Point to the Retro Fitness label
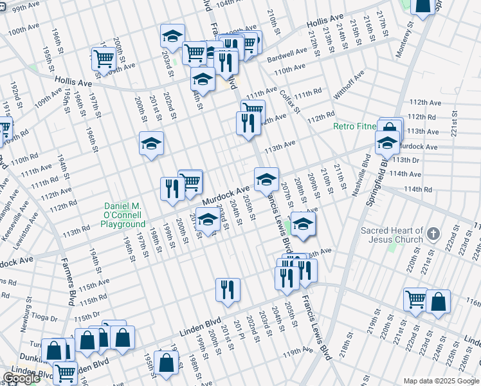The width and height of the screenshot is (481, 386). tap(354, 126)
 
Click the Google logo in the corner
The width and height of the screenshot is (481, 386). tap(21, 378)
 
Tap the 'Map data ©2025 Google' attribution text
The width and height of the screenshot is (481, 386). tap(441, 381)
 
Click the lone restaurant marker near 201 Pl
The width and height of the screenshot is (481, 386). tap(228, 289)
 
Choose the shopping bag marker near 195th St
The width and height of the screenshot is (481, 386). tap(166, 362)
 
